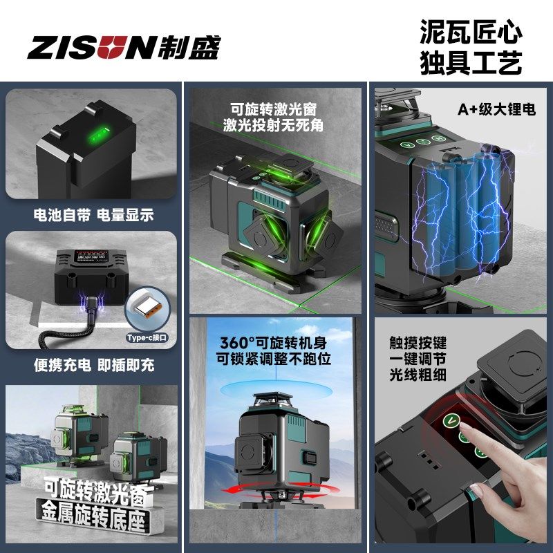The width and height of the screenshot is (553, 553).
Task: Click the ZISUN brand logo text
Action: click(90, 48)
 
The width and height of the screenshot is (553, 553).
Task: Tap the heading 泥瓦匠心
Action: click(471, 32)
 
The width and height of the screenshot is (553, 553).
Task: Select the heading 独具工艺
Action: click(471, 64)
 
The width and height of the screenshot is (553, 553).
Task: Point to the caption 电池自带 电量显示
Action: click(93, 216)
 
